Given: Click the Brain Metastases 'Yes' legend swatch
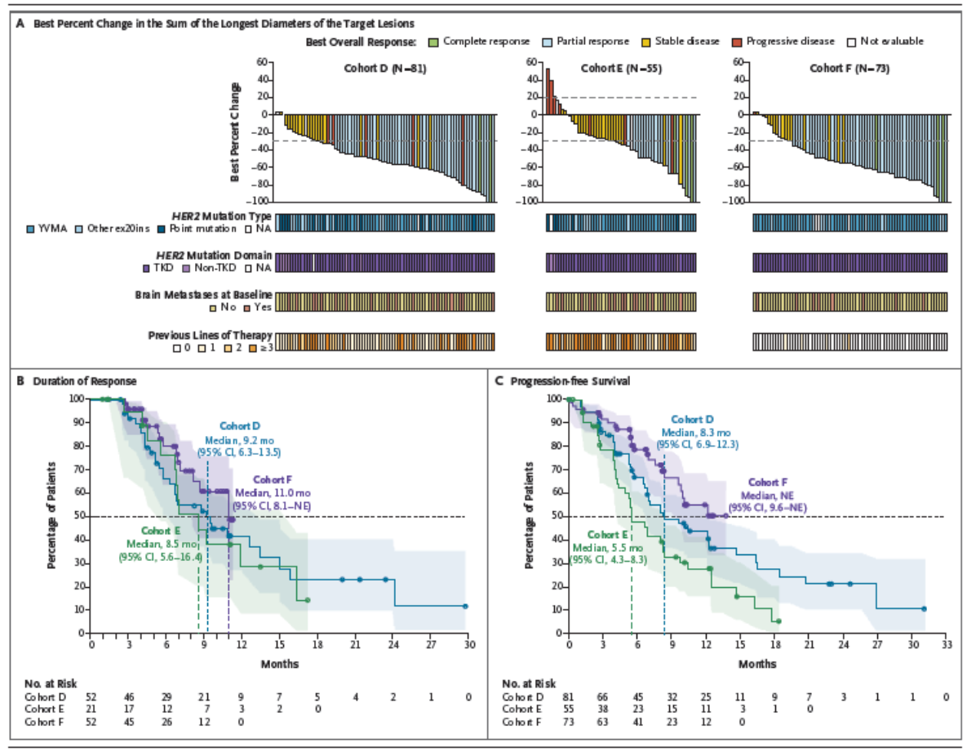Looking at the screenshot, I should (245, 307).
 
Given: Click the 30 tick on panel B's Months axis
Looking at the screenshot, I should (469, 645).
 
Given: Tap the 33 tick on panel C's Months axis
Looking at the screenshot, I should (947, 645).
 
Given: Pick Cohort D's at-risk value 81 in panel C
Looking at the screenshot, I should (569, 696).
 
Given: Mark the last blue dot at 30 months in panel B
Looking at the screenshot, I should (465, 607).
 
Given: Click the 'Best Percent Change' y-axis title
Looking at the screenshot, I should (235, 131).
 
